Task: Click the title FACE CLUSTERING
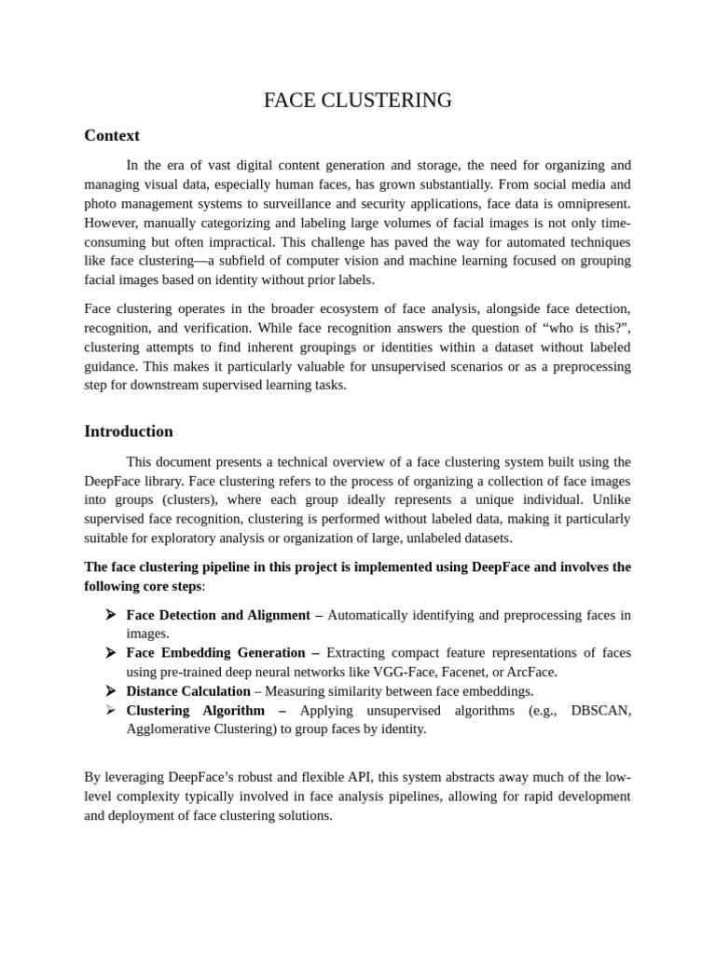[358, 101]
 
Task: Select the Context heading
[112, 136]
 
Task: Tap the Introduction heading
[129, 431]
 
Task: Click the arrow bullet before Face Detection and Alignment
[110, 615]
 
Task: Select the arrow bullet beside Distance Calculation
[110, 691]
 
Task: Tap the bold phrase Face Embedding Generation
[216, 653]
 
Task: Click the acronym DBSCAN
[600, 711]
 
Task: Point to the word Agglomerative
[172, 729]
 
